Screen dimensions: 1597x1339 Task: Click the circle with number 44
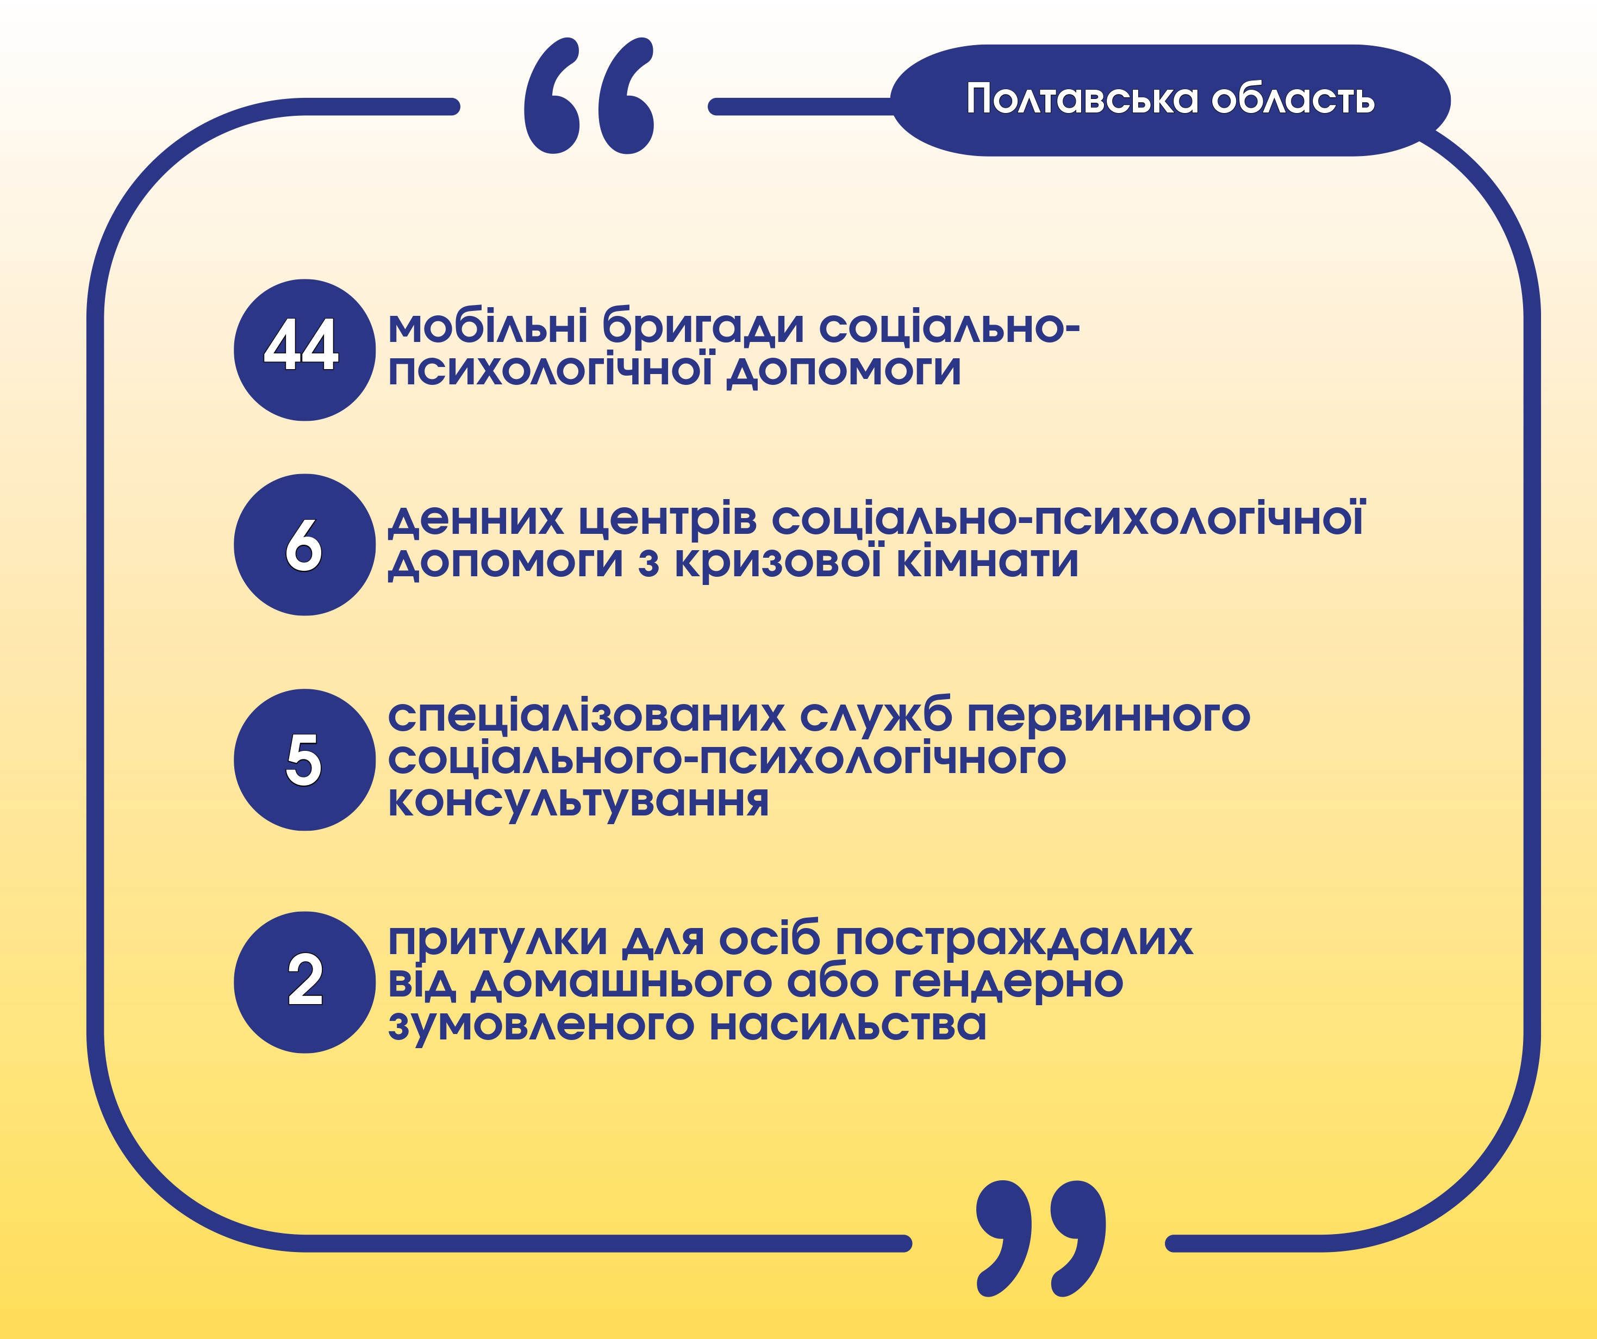click(304, 350)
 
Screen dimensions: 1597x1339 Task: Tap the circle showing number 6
click(304, 545)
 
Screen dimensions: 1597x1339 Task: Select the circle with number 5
click(304, 760)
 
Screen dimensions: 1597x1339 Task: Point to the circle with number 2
click(304, 982)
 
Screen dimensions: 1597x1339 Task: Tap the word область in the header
click(1293, 99)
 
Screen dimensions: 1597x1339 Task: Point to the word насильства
click(848, 1025)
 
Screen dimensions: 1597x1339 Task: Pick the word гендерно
click(1008, 983)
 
